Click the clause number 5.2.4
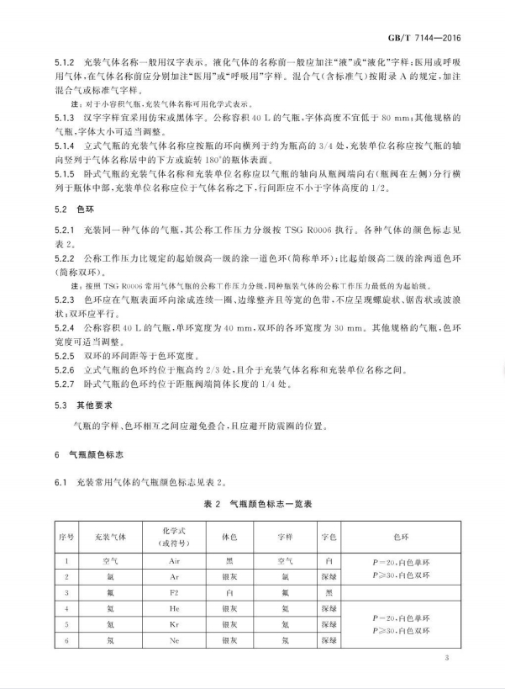[66, 326]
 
